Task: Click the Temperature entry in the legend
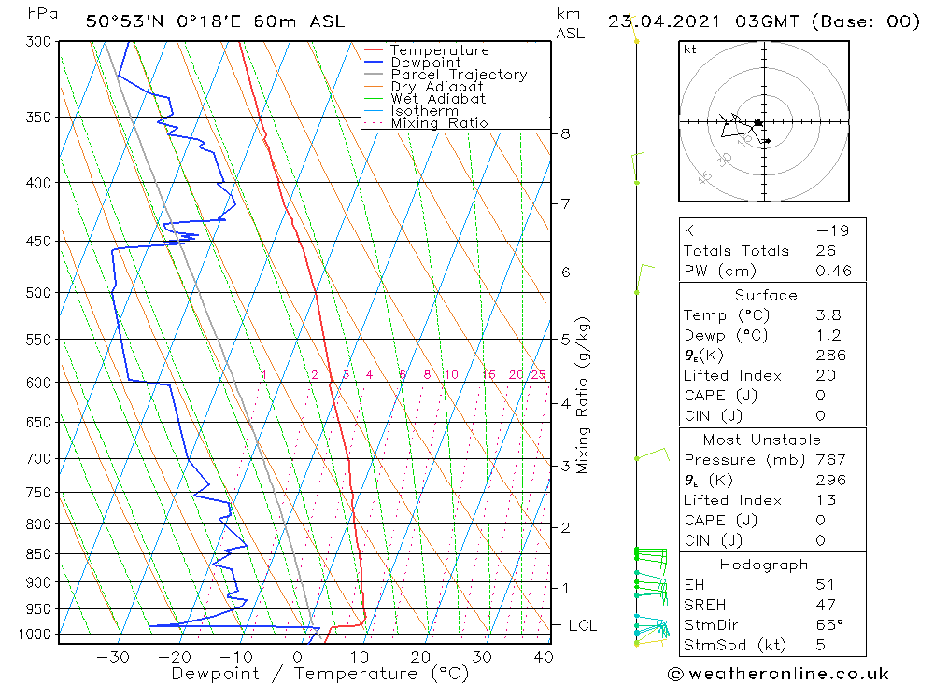coord(439,50)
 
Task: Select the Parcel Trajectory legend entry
coord(459,75)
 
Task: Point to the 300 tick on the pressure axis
coord(39,42)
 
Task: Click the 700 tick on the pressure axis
coord(39,458)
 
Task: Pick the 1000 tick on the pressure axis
coord(35,635)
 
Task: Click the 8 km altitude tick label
coord(565,133)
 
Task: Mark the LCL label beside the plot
coord(582,625)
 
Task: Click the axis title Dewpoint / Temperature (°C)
coord(319,673)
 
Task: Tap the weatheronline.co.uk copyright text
coord(779,674)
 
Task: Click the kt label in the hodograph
coord(690,49)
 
